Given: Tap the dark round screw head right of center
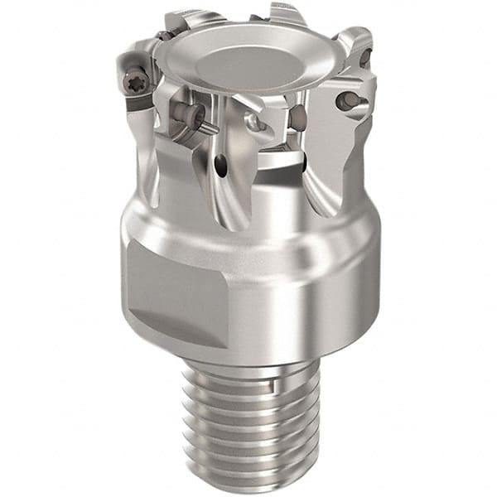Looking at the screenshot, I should tap(296, 118).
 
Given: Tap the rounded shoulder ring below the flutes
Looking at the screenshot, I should tap(248, 232).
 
